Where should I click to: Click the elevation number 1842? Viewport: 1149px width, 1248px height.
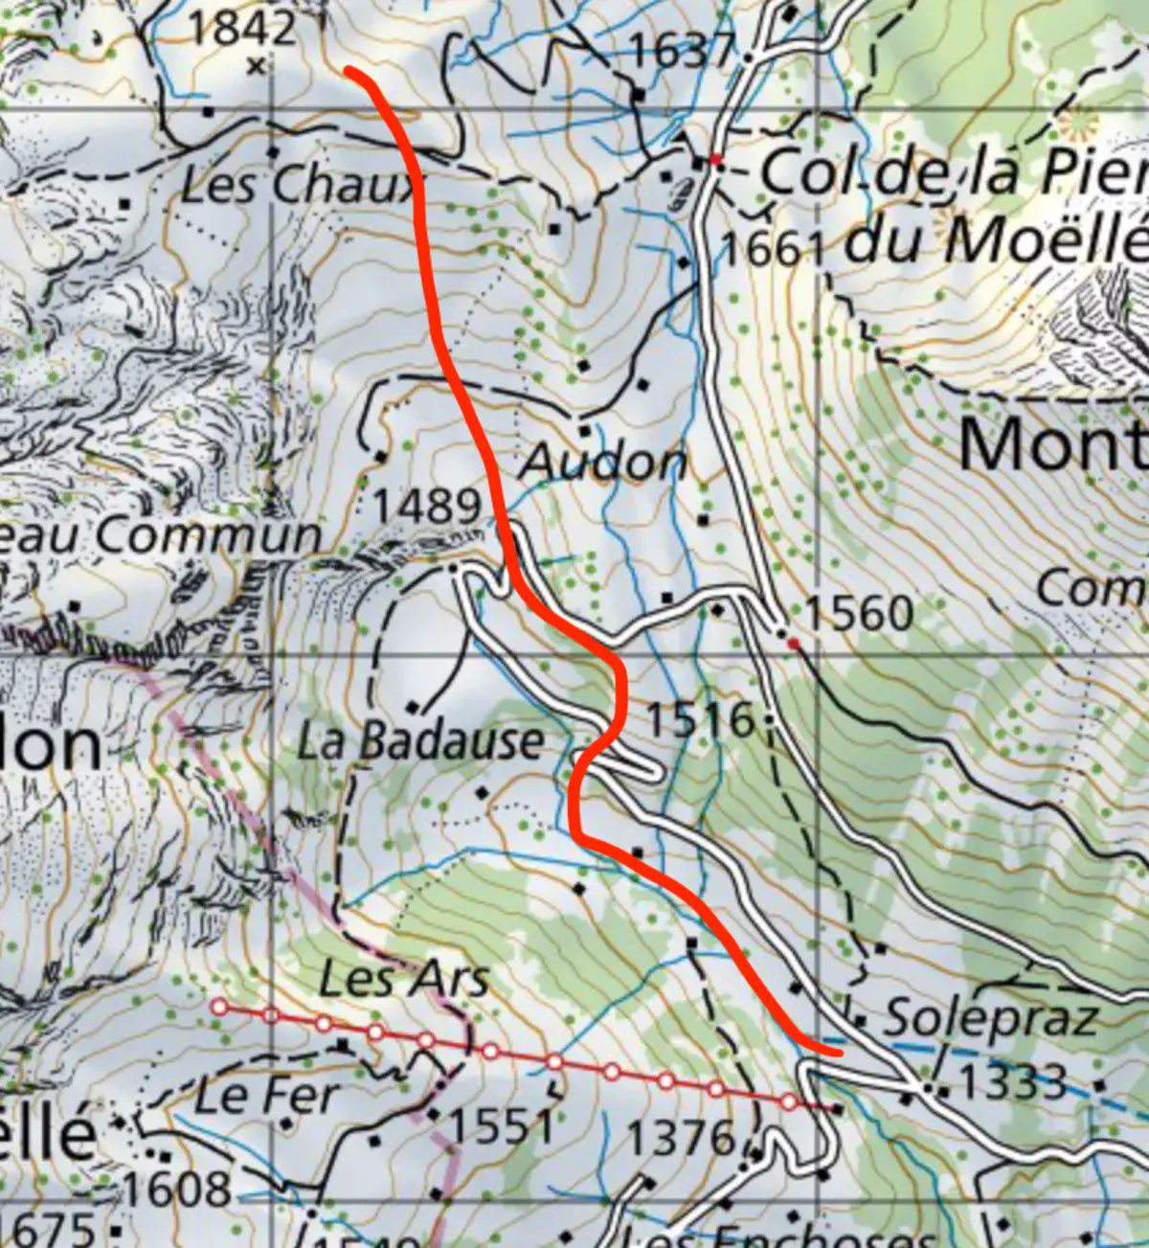(242, 29)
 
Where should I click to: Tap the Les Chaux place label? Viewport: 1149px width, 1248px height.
(300, 185)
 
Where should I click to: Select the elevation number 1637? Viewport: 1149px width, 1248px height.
(682, 50)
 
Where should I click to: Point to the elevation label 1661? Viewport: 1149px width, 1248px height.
(772, 250)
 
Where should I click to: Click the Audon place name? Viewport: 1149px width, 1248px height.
(603, 464)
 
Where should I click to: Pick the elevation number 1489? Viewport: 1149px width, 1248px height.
(427, 506)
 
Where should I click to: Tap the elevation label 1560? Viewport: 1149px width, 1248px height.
(859, 614)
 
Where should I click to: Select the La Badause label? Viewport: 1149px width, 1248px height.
(420, 741)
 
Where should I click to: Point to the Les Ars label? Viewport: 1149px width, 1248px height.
(404, 979)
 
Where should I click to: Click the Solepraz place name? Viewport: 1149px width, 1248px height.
(990, 1017)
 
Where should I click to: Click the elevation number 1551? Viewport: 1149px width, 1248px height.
(502, 1126)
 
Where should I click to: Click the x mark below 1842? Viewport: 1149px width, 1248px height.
(256, 66)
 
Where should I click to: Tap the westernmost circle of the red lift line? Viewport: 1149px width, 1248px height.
(219, 1007)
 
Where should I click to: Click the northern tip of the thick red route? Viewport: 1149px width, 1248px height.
(349, 71)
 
